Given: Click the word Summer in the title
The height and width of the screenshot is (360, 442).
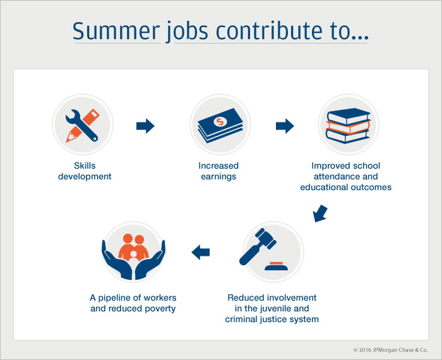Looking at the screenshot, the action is click(x=116, y=30).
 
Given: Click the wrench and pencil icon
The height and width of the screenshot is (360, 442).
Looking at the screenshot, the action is click(x=82, y=125).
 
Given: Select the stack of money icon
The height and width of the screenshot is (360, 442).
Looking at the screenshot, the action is click(x=220, y=125).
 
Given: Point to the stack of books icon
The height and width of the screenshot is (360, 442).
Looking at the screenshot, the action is click(x=349, y=126).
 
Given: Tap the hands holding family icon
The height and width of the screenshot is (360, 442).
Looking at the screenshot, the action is click(x=133, y=256).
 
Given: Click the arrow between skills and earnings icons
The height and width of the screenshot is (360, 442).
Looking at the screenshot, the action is click(x=145, y=126).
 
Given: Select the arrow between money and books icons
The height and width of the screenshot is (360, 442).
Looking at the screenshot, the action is click(x=285, y=126).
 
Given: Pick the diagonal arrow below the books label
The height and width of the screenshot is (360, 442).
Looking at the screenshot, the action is click(x=320, y=213).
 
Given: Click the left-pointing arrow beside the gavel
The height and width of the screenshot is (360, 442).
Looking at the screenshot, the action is click(x=200, y=252).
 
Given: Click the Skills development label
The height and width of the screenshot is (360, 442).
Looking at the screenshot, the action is click(x=85, y=171).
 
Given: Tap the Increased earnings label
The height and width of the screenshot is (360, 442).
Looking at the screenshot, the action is click(x=218, y=171).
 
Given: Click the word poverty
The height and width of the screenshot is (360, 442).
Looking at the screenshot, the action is click(x=160, y=309).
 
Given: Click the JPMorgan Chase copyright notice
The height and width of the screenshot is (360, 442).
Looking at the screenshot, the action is click(x=390, y=350).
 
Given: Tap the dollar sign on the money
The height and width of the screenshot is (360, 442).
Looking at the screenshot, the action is click(x=220, y=122).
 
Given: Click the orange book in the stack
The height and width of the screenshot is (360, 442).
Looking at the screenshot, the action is click(x=348, y=127).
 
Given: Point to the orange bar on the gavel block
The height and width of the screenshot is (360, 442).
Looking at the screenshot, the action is click(x=276, y=263).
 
